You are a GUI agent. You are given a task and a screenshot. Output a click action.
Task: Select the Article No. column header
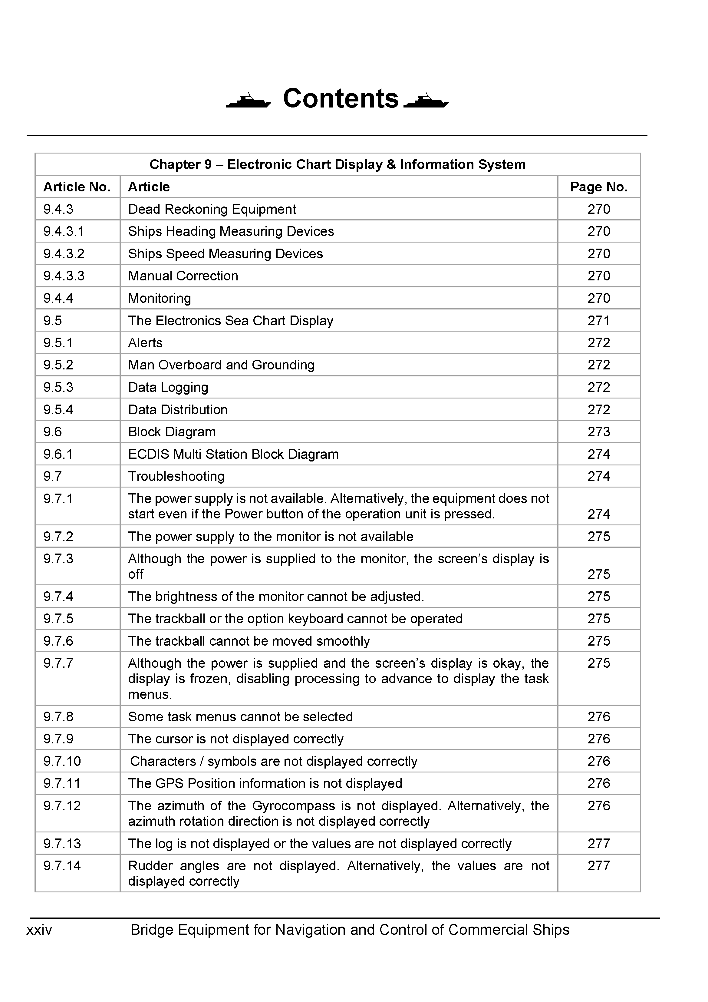[77, 187]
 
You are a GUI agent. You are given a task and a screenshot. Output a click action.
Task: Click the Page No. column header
[598, 187]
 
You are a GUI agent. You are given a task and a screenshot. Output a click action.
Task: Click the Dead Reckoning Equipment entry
[212, 209]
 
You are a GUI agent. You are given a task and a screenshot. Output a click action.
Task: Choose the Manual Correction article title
[183, 276]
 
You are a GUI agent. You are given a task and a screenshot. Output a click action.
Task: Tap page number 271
[598, 321]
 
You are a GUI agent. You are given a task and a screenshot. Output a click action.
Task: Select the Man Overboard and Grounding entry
[221, 365]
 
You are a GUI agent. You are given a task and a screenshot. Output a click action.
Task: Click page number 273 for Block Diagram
[598, 432]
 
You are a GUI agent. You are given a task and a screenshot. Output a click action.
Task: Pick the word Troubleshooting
[176, 476]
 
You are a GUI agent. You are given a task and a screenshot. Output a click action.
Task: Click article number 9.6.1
[58, 454]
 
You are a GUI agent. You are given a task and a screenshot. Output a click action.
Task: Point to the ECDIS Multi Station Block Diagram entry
[233, 454]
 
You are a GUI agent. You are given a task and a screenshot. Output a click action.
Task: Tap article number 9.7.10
[62, 761]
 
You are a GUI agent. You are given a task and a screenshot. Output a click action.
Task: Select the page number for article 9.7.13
[598, 844]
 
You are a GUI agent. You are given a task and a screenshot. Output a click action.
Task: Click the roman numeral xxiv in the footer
[39, 930]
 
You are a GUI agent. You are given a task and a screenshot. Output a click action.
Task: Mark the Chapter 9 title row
[337, 164]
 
